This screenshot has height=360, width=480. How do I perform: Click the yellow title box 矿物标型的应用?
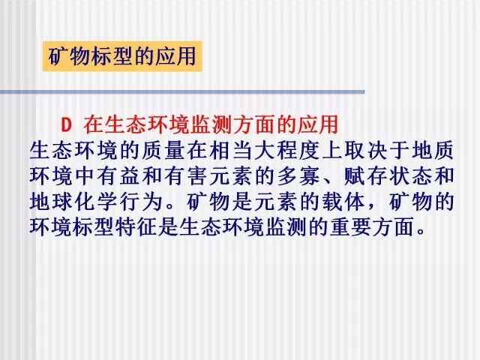point(122,56)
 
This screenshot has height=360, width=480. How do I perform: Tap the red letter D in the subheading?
point(66,125)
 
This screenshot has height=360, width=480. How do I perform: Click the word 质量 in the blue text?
point(164,150)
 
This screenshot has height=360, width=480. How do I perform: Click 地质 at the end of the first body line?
point(433,150)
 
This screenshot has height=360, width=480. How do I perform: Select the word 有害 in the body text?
point(187,176)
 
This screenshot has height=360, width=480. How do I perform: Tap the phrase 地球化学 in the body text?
point(74,202)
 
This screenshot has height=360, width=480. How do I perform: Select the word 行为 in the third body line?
point(142,202)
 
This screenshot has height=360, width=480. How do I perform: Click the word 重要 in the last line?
point(350,227)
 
